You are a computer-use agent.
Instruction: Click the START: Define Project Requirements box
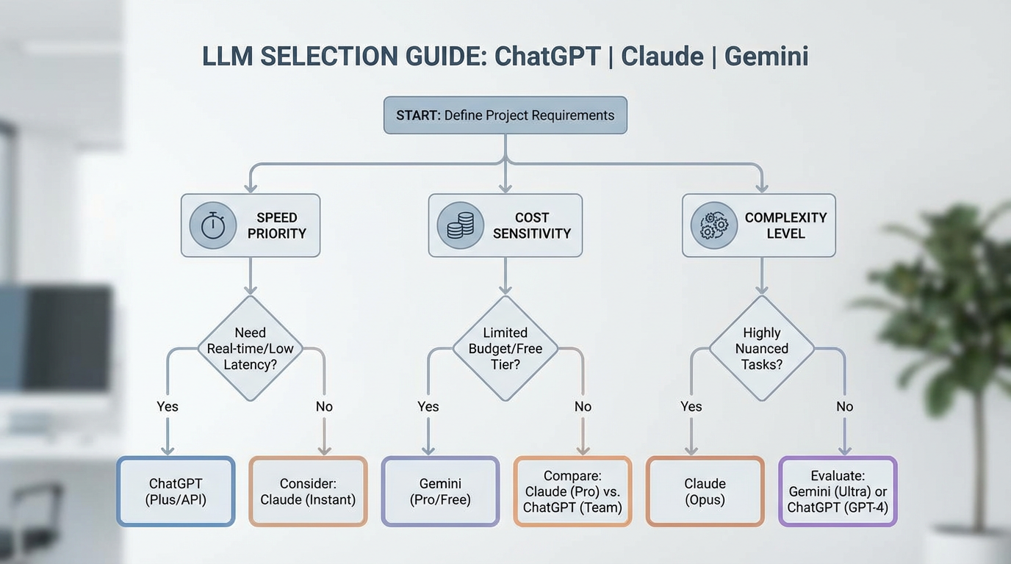tap(505, 115)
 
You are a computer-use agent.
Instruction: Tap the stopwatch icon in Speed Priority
tap(213, 225)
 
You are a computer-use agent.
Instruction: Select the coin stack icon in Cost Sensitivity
tap(461, 225)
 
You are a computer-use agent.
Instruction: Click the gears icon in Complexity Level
tap(713, 225)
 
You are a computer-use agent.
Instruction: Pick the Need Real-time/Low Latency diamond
tap(250, 348)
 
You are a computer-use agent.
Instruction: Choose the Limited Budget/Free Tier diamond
tap(505, 348)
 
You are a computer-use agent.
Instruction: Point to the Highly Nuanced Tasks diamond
tap(761, 348)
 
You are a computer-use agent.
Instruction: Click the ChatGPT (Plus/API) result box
tap(176, 491)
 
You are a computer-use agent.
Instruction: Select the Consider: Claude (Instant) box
tap(308, 491)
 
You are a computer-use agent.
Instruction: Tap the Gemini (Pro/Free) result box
tap(440, 491)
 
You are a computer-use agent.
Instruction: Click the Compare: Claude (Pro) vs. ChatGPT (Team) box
tap(572, 491)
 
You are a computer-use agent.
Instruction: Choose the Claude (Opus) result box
tap(705, 491)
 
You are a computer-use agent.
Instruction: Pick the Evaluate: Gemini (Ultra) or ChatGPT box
tap(838, 491)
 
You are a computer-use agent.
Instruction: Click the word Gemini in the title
tap(766, 57)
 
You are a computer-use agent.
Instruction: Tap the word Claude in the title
tap(662, 57)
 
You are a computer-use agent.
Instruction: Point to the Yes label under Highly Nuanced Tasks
tap(691, 407)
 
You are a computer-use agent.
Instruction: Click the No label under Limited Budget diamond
tap(583, 407)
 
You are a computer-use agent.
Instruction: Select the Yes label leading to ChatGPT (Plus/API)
tap(168, 407)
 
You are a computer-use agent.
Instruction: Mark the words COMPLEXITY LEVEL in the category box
tap(785, 225)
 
